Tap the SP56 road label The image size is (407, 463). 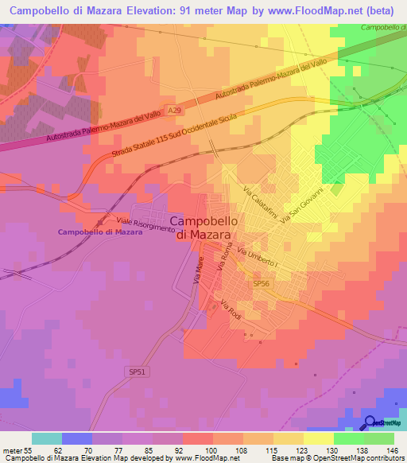(261, 283)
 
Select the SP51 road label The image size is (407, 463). (138, 371)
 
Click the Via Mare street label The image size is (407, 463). (199, 270)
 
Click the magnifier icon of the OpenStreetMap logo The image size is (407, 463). (371, 422)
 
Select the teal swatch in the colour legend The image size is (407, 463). (47, 438)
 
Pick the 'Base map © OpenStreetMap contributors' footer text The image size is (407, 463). (336, 457)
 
